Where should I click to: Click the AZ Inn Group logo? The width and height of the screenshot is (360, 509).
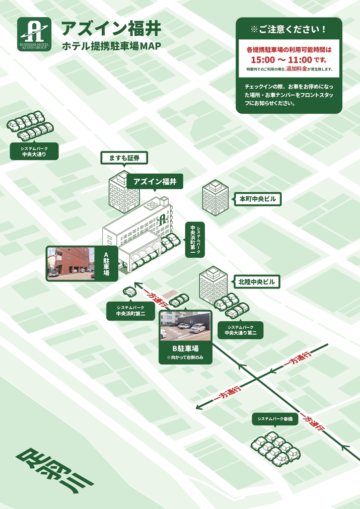click(34, 34)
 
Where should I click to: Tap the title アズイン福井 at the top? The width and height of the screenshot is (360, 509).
click(111, 29)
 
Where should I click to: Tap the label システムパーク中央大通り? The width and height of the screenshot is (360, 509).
click(34, 152)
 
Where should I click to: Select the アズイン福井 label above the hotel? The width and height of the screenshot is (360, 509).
click(155, 181)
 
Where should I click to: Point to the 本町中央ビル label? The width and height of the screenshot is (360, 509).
click(257, 199)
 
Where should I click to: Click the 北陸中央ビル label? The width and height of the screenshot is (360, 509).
click(256, 282)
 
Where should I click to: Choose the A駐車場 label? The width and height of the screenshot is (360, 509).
click(107, 264)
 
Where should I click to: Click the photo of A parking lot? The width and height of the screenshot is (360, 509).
click(71, 263)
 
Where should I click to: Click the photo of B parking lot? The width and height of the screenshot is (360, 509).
click(185, 326)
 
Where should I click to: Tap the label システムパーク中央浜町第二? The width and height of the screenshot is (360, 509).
click(130, 311)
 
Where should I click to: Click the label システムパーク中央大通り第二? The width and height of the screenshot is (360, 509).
click(241, 330)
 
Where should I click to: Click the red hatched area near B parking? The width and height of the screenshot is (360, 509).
click(173, 294)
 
